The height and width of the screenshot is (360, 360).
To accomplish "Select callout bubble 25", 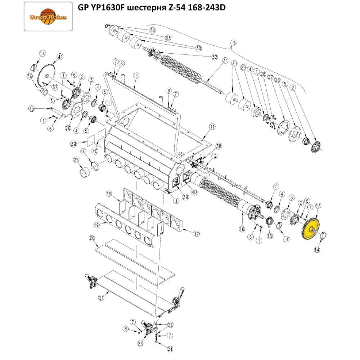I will pyautogui.click(x=76, y=160).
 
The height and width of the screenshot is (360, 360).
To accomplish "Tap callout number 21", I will pyautogui.click(x=101, y=298).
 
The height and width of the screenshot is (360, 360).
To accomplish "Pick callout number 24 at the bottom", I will pyautogui.click(x=170, y=349).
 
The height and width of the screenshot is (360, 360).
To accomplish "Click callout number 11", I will pyautogui.click(x=212, y=127).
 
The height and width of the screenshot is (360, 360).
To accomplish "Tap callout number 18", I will pyautogui.click(x=109, y=194).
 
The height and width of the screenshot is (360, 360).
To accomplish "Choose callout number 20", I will pyautogui.click(x=91, y=238).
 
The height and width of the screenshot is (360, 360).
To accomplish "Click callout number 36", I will pyautogui.click(x=30, y=76).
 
